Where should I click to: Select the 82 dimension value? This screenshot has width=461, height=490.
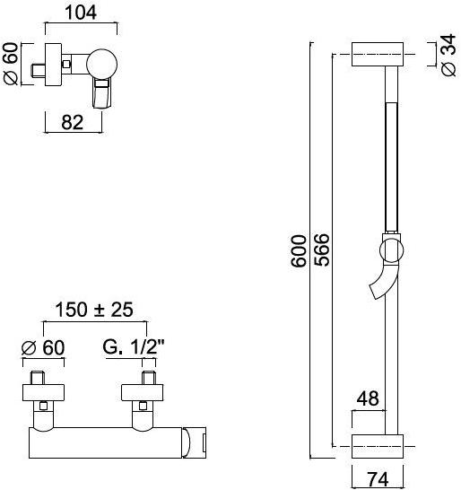pos(74,123)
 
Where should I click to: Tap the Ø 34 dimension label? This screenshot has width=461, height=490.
pos(448,56)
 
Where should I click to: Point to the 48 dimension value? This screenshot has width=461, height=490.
pos(367,396)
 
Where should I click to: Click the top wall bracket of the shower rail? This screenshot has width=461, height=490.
pos(382,54)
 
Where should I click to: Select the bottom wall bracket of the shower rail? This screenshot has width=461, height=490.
pos(382,444)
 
